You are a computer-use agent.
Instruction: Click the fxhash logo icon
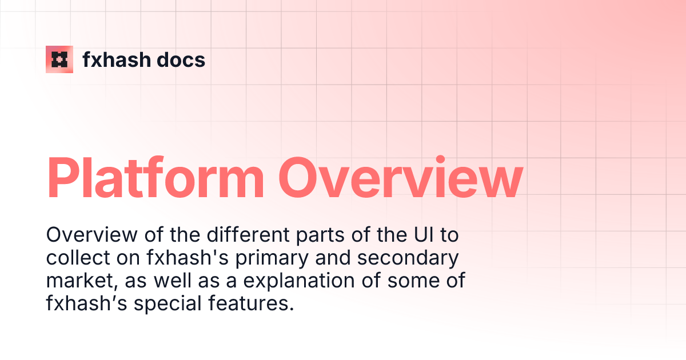pyautogui.click(x=59, y=59)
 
